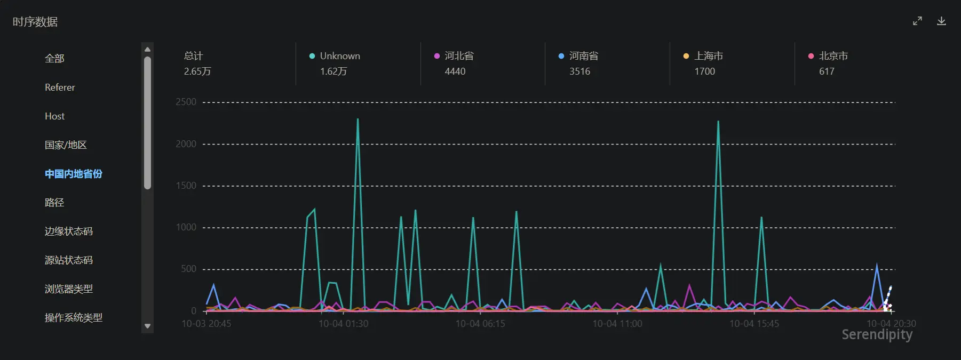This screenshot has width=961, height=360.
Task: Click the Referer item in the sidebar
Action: [60, 87]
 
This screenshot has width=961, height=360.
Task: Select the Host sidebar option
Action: [54, 116]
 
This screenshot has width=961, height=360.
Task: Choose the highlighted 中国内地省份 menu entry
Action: [74, 174]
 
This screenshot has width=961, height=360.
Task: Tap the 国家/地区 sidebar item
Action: [66, 145]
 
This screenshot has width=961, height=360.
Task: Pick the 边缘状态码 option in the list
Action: [69, 231]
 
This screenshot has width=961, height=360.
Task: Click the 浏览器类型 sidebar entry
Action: [69, 289]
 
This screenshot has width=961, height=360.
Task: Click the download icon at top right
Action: [941, 21]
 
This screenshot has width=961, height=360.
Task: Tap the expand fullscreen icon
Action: [917, 21]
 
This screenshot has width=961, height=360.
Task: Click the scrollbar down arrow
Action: [148, 326]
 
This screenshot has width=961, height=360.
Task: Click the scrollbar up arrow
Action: [148, 50]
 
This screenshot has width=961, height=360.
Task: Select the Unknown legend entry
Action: [335, 56]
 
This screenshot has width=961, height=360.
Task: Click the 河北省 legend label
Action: [459, 56]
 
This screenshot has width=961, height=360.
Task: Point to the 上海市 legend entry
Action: [703, 56]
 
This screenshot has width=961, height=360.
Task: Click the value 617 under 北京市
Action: [827, 71]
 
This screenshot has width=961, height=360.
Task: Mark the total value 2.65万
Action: [197, 71]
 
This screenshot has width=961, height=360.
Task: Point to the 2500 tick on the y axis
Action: [186, 102]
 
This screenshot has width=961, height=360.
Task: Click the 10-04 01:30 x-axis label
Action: [344, 324]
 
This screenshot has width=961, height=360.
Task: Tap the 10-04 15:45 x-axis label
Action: [754, 324]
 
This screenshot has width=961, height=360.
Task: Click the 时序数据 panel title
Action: [35, 22]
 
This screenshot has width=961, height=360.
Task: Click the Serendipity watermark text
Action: [877, 334]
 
